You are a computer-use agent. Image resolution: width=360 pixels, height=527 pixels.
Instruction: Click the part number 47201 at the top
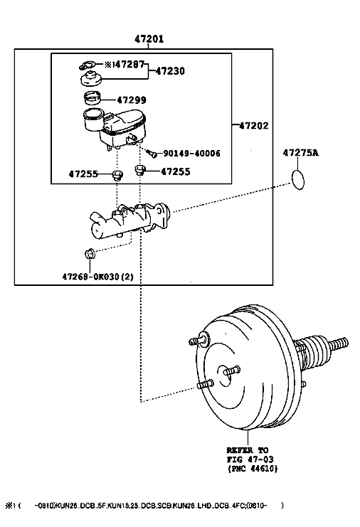point(149,39)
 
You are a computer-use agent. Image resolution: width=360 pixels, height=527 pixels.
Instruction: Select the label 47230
point(170,71)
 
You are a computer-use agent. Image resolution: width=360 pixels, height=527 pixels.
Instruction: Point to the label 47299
point(132,100)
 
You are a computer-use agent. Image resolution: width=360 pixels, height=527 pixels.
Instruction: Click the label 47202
point(254,126)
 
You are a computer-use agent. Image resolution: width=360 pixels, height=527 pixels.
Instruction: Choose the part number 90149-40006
point(191,154)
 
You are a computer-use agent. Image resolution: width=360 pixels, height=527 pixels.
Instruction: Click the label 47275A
point(300,153)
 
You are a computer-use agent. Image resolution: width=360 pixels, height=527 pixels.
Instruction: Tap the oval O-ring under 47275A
point(298,180)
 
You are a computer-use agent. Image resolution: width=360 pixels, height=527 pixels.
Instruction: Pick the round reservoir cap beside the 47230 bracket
point(92,79)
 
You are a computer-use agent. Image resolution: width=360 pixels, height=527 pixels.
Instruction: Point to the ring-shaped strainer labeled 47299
point(92,97)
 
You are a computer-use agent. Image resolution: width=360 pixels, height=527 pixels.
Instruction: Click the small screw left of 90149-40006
point(152,153)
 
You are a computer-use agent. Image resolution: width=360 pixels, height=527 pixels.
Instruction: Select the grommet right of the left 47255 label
point(117,176)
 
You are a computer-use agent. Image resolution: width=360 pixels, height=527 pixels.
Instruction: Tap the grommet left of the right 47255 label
point(140,170)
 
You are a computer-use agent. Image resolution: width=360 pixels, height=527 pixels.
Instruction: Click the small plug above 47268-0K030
point(90,254)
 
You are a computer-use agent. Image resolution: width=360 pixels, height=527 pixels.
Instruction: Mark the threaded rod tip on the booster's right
point(346,342)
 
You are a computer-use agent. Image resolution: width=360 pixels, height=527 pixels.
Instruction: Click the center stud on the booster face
point(231,371)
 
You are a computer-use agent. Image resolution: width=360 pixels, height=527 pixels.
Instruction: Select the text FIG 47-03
point(250,459)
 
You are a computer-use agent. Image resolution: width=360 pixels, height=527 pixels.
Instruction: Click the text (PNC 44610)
point(253,468)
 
